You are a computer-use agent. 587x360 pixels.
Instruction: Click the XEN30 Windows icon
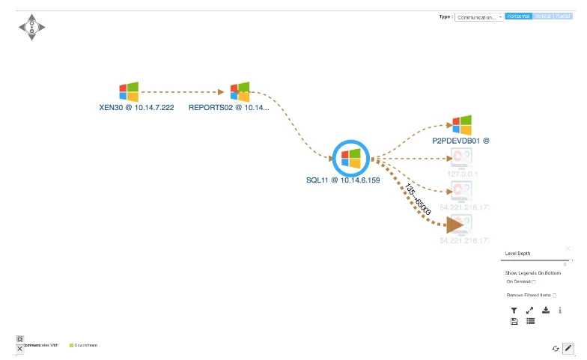pos(129,92)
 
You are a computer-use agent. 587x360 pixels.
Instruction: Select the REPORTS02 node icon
pos(240,92)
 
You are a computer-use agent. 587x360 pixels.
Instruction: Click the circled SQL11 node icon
pos(350,158)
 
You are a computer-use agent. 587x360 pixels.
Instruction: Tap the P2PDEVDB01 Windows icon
pos(462,125)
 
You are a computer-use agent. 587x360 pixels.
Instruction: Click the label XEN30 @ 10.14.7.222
pos(136,108)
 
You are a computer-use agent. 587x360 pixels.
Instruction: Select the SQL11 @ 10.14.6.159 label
pos(343,180)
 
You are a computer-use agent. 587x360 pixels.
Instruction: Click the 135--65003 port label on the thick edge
pos(418,200)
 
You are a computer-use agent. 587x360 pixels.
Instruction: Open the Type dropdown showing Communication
pos(479,16)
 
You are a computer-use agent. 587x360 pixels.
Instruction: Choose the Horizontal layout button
pos(518,16)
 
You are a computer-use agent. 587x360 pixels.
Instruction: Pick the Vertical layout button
pos(542,16)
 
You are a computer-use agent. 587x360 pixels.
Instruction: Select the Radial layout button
pos(562,16)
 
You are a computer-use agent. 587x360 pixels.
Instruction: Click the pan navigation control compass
pos(31,27)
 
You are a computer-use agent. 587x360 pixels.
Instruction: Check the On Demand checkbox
pos(534,282)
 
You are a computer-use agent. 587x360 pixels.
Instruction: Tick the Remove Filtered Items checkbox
pos(554,296)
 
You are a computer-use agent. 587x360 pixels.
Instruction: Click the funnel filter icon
pos(514,310)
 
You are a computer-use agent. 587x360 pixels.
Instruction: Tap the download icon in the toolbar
pos(546,310)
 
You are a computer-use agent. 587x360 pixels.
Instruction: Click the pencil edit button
pos(568,348)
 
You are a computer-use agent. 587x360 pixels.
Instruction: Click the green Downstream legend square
pos(71,345)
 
